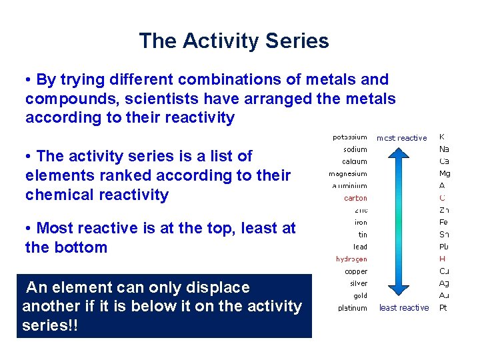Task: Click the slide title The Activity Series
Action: (233, 41)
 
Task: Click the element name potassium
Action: (349, 137)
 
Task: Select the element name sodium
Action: (355, 149)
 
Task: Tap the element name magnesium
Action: (347, 174)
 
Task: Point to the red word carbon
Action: (355, 198)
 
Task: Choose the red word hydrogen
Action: (351, 259)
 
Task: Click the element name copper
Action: (355, 271)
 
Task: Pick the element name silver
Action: (358, 283)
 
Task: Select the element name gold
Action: (360, 295)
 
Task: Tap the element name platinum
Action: (352, 308)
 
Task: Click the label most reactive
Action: (401, 138)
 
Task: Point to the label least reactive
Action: (404, 307)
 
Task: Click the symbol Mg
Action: (444, 173)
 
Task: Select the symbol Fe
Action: (443, 222)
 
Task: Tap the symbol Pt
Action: (443, 307)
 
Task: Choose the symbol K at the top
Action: (441, 137)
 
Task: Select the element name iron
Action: (360, 223)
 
